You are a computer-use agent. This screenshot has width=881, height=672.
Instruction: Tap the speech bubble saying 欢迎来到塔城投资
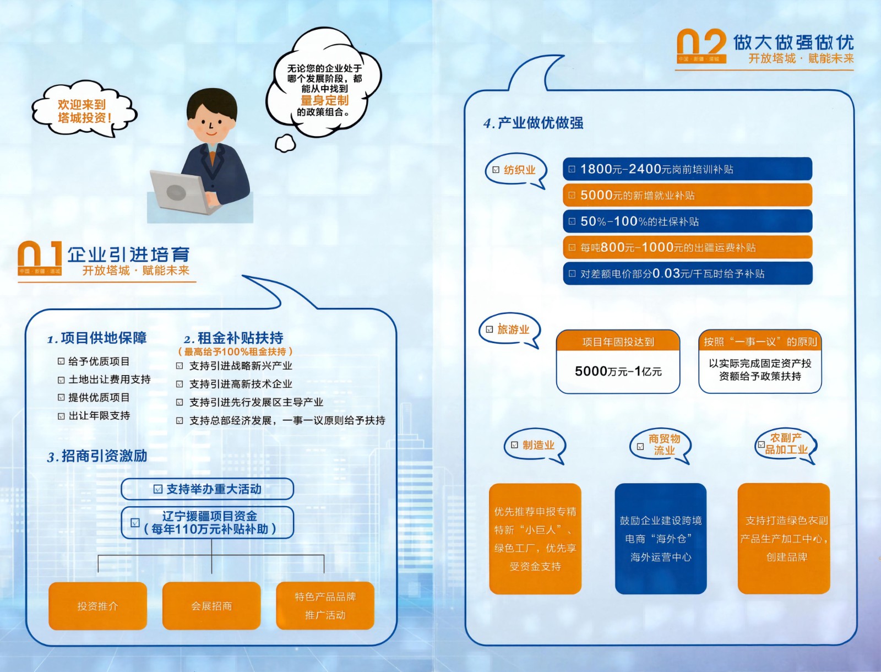(x=84, y=110)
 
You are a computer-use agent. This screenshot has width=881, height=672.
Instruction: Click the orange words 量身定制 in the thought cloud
(x=324, y=100)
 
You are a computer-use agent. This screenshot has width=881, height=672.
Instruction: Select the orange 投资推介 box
(x=97, y=605)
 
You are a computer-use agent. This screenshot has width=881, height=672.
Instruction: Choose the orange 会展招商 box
(x=211, y=605)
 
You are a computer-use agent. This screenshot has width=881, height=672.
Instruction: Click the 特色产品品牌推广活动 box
(x=325, y=605)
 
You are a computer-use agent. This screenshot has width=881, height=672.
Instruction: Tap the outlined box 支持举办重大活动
(x=207, y=489)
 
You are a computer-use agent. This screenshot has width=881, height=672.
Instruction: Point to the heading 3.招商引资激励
(x=97, y=456)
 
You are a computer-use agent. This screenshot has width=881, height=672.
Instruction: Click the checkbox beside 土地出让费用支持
(x=61, y=380)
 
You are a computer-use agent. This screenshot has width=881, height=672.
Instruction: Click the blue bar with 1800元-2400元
(x=688, y=169)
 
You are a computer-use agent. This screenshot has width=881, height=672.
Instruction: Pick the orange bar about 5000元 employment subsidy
(x=688, y=195)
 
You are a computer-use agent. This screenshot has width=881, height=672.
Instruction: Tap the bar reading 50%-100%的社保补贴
(x=688, y=221)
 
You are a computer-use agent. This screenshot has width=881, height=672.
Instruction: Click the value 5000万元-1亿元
(x=618, y=371)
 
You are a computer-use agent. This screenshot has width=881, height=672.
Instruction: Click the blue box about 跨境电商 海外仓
(x=661, y=539)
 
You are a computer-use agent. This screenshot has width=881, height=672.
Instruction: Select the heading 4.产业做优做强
(x=534, y=123)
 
